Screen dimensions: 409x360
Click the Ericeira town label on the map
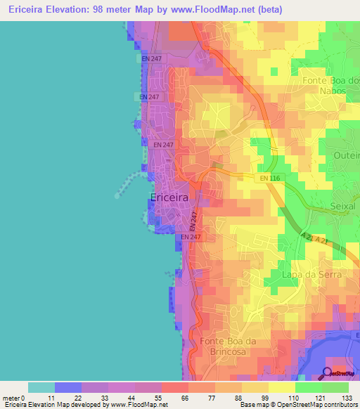coord(169,198)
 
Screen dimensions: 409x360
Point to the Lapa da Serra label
coord(311,275)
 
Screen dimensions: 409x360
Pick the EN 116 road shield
coord(269,178)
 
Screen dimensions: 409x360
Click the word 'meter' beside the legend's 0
coord(13,398)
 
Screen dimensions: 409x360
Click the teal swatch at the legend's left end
coord(41,387)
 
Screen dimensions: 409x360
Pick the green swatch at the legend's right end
coord(335,387)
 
